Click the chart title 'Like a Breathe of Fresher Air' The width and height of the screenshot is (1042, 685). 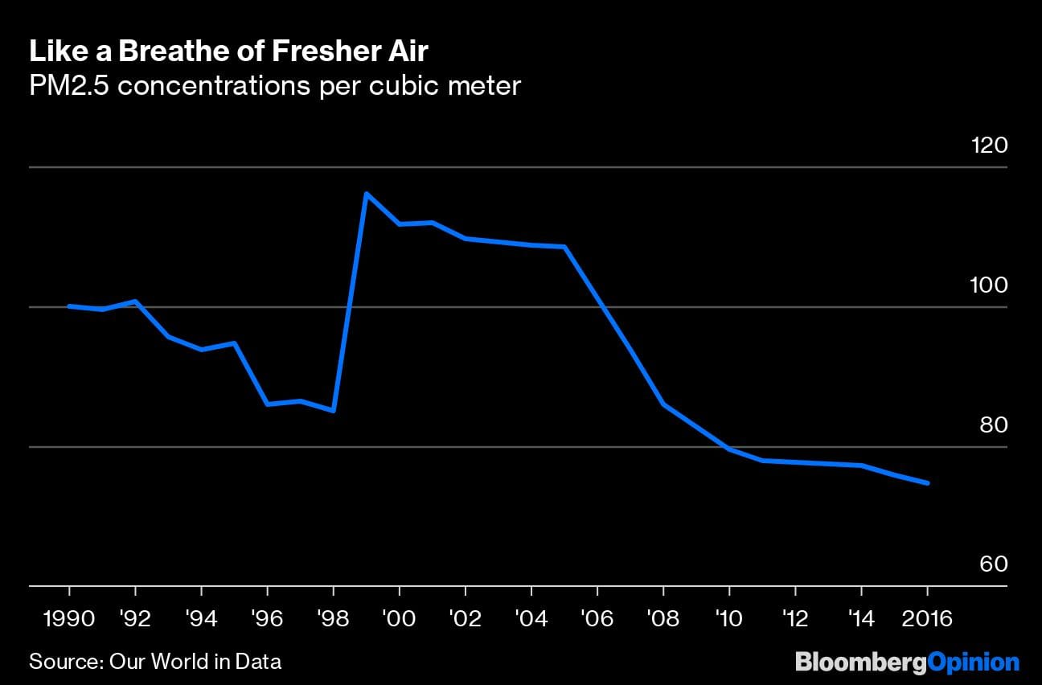229,51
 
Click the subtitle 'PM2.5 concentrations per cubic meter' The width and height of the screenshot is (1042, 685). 275,85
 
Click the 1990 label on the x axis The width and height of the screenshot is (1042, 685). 69,620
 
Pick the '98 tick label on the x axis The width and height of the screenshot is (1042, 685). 332,620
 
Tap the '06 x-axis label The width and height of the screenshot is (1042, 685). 597,620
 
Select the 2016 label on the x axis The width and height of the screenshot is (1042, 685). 928,620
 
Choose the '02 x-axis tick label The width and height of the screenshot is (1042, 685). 465,620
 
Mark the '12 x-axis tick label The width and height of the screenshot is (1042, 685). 794,620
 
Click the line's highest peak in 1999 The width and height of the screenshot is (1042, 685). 366,194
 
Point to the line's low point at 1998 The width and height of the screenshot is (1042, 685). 333,410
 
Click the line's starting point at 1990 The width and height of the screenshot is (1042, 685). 69,306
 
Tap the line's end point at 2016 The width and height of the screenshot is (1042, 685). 928,483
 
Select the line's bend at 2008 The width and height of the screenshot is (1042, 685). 663,404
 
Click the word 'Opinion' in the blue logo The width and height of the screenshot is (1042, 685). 973,662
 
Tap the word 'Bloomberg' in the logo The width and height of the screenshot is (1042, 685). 860,662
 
